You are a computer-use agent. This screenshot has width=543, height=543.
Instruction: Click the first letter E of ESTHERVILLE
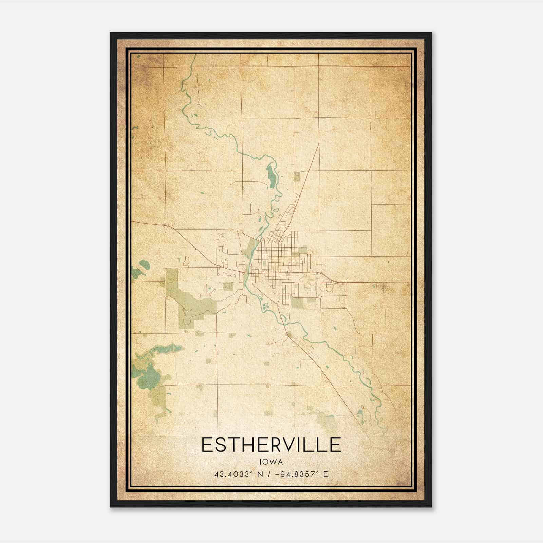207,445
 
